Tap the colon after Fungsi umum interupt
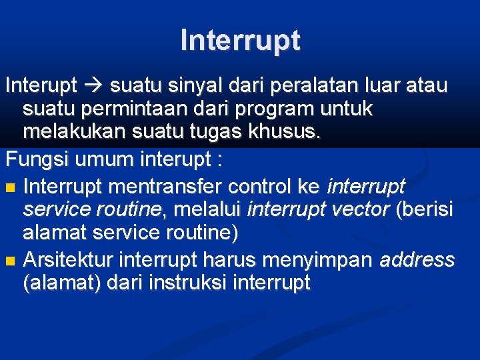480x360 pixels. pyautogui.click(x=217, y=160)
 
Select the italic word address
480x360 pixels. pyautogui.click(x=417, y=259)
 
